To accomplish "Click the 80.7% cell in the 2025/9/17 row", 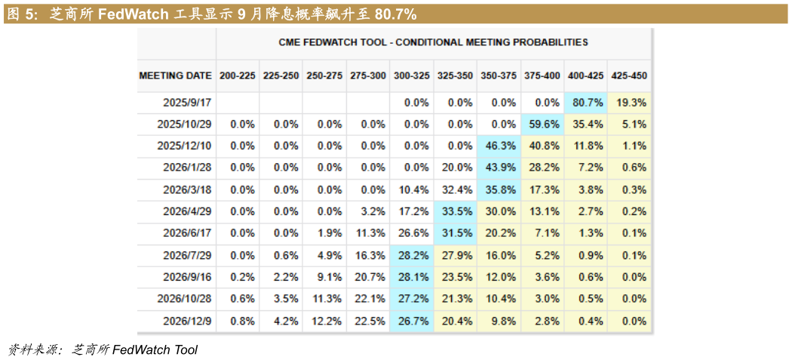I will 587,103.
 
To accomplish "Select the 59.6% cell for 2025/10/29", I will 543,125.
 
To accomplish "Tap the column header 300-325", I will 412,76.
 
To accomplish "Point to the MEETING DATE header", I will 176,76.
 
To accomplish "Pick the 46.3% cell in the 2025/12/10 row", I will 499,146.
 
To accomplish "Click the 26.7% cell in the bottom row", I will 412,322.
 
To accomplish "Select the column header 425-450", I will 629,76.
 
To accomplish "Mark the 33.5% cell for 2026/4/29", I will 456,212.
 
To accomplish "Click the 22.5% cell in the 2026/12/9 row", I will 369,322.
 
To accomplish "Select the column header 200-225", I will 238,76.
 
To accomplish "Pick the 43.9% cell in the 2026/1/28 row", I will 499,168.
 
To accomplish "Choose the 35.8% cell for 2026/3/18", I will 499,190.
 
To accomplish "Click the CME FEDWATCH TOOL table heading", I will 434,43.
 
